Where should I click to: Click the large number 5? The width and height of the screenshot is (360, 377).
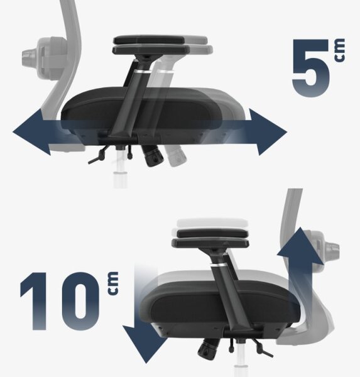(x=311, y=68)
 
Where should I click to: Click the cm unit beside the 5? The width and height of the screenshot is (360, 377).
(x=339, y=50)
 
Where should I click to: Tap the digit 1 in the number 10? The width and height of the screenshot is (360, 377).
(x=35, y=301)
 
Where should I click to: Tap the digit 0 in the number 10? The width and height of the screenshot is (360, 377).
(x=80, y=301)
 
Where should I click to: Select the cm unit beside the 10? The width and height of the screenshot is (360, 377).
(x=113, y=283)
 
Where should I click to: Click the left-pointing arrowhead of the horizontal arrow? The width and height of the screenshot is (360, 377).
(x=32, y=132)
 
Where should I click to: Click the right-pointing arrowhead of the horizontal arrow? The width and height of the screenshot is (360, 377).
(x=268, y=132)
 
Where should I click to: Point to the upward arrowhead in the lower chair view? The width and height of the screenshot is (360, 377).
(x=300, y=245)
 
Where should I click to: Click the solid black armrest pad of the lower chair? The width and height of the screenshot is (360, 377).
(x=212, y=233)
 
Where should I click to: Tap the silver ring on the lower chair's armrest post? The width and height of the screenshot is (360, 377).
(x=219, y=265)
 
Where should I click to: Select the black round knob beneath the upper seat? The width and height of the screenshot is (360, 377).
(x=153, y=156)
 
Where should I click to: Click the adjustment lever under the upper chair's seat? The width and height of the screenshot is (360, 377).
(x=98, y=156)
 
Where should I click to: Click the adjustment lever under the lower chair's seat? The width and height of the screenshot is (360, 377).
(x=263, y=348)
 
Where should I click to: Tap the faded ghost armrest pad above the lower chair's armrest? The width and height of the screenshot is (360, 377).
(x=212, y=222)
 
